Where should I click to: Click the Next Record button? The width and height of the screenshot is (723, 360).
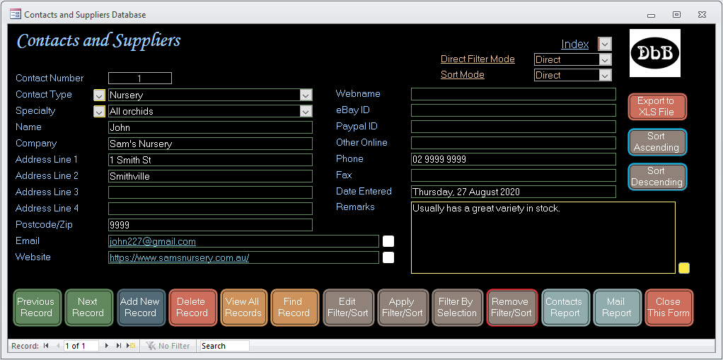pos(88,308)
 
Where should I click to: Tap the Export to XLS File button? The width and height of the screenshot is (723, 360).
pos(657,107)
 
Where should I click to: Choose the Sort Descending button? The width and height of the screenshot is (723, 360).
pos(657,177)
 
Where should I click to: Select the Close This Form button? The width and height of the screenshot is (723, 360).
pos(669,308)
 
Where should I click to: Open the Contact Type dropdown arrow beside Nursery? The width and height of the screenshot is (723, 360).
pos(306,95)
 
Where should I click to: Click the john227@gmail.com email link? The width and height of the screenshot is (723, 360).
pos(153,242)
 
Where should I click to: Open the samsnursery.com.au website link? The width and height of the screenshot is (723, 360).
pos(180,257)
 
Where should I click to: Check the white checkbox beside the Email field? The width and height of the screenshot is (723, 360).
pos(388,241)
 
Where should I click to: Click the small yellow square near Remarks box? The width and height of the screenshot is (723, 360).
pos(684,268)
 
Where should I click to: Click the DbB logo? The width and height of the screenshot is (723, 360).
pos(655,53)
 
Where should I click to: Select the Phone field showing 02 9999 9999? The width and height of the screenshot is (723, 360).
pos(513,159)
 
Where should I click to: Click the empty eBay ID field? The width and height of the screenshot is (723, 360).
pos(513,110)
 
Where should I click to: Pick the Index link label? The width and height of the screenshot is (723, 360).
pos(574,45)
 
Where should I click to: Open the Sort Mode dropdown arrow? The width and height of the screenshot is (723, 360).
pos(605,75)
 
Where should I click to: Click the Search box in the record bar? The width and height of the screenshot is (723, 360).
pos(224,346)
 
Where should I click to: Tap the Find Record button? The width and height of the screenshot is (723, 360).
pos(294,308)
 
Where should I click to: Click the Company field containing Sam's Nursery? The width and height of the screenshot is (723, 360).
pos(210,144)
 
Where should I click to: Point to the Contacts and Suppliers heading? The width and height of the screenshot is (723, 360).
pos(98,40)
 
